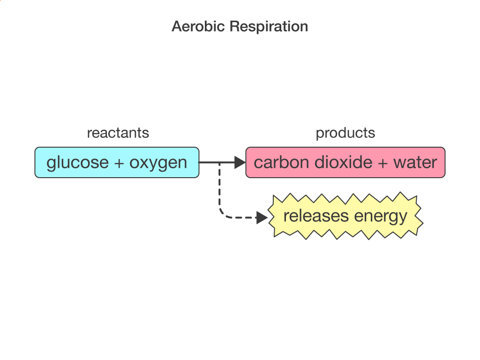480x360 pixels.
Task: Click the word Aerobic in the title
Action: [x=198, y=26]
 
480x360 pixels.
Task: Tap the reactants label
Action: [x=118, y=133]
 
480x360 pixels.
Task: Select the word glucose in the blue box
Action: [x=78, y=163]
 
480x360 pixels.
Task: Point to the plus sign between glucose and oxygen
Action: [x=119, y=163]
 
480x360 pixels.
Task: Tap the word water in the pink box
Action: [x=415, y=163]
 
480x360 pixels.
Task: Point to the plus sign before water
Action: [x=382, y=163]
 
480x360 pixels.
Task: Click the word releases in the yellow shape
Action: [x=316, y=216]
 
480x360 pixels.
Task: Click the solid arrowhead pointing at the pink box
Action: [x=240, y=162]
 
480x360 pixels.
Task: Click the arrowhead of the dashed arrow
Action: [x=262, y=217]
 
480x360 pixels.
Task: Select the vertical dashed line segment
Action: [x=219, y=186]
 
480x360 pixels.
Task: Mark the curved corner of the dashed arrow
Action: [x=223, y=214]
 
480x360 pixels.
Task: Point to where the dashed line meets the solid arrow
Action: [x=219, y=162]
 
